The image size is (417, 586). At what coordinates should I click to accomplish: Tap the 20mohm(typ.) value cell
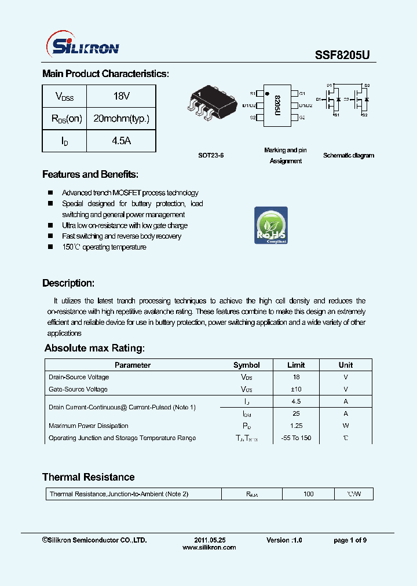[121, 119]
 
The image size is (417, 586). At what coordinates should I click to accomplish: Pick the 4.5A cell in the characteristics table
[121, 141]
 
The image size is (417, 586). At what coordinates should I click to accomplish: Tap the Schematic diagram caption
[349, 155]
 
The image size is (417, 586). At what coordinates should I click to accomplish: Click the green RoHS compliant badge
[271, 225]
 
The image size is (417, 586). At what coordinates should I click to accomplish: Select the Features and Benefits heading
[90, 174]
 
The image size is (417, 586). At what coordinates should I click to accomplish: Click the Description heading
[68, 283]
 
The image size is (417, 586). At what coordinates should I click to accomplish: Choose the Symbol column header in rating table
[246, 365]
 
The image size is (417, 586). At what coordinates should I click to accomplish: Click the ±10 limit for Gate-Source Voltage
[295, 390]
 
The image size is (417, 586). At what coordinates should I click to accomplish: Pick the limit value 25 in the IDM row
[295, 414]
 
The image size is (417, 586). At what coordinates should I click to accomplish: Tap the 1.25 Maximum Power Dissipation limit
[295, 426]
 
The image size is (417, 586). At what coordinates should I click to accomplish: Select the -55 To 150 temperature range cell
[295, 438]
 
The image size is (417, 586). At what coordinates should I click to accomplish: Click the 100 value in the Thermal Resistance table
[308, 494]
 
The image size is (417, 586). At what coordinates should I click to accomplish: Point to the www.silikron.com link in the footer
[209, 547]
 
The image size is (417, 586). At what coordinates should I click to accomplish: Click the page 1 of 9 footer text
[350, 540]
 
